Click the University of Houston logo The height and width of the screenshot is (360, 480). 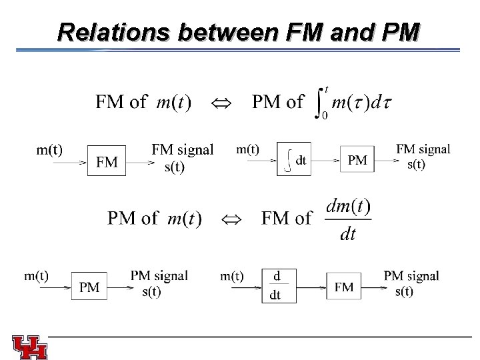(29, 346)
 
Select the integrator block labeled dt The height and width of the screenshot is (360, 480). (294, 161)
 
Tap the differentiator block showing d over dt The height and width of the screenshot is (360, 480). (275, 285)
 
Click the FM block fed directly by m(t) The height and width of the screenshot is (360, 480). (107, 162)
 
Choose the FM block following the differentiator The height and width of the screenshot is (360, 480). (343, 287)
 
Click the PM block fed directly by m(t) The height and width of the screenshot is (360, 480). (89, 287)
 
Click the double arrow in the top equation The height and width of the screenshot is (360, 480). (219, 103)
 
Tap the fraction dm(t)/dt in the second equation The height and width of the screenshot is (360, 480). (348, 219)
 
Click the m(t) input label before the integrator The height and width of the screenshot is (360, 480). (248, 149)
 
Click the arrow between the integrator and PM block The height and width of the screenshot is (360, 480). (327, 161)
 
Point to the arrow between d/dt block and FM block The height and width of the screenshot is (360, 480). (309, 287)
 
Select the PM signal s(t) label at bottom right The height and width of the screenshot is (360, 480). (410, 283)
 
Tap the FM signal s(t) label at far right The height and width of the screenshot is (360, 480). (423, 156)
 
